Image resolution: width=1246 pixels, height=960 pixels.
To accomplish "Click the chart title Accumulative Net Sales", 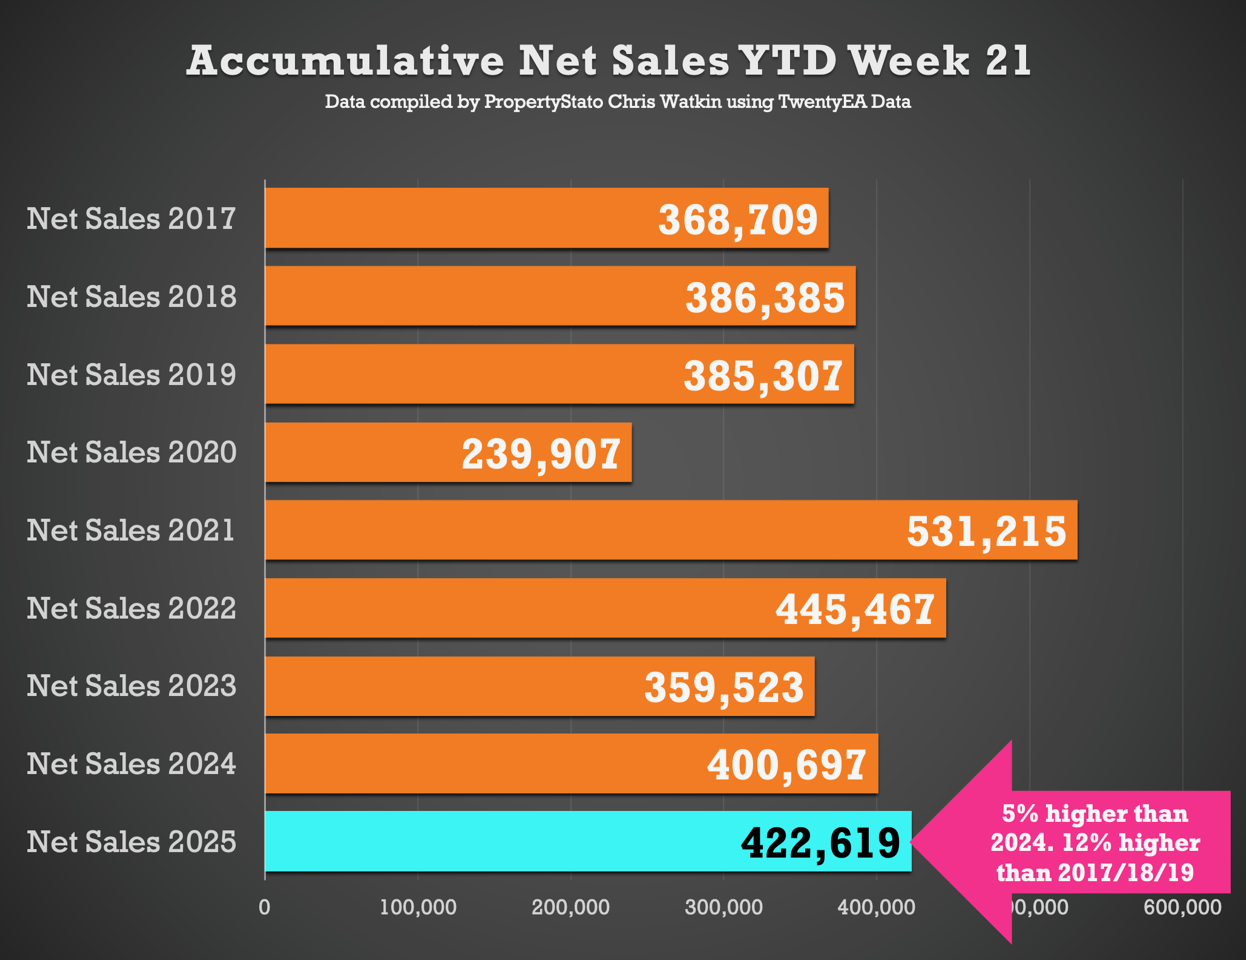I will tap(608, 61).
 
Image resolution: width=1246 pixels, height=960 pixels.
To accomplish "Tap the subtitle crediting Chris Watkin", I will tap(617, 102).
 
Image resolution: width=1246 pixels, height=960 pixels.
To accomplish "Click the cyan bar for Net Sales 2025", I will tap(500, 842).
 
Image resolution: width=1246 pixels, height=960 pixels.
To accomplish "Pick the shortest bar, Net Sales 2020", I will tap(360, 453).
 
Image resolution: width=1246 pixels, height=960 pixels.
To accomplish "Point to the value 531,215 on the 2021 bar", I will tap(986, 531).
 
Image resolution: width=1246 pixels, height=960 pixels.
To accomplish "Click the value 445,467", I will tap(855, 609).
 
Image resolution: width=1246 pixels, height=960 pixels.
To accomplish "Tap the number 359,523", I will tap(724, 687).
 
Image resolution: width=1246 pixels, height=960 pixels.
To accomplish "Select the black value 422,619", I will tap(820, 843).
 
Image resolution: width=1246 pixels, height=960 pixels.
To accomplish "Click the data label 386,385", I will tap(765, 298).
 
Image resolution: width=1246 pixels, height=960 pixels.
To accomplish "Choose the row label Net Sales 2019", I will tap(131, 374).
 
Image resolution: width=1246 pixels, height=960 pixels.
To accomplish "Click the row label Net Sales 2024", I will tap(131, 764).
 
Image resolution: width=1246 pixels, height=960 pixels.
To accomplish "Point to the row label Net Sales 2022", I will tap(131, 608).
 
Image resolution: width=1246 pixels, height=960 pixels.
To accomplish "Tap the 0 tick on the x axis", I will tap(264, 908).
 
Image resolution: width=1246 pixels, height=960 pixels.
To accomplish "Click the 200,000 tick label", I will tap(570, 908).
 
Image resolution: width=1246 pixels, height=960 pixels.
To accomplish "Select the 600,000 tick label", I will tap(1183, 908).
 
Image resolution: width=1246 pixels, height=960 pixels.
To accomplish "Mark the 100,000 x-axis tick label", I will tap(418, 908).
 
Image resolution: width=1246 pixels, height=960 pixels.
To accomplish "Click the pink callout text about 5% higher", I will tap(1096, 843).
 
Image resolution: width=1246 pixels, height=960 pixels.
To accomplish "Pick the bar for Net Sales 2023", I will tap(450, 687).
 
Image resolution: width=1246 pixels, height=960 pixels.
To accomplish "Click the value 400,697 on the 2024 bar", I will tap(786, 765).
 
